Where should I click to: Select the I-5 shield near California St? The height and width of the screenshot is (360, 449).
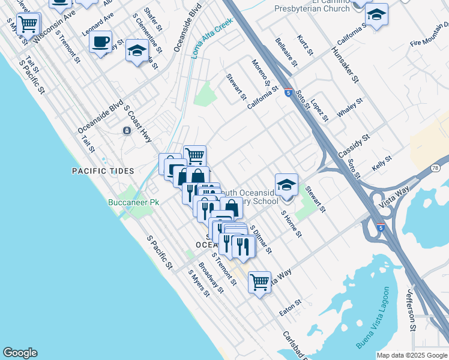point(289,93)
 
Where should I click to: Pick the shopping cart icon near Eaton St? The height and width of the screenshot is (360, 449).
point(259,281)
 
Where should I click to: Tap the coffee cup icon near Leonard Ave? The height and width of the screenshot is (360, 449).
point(100,42)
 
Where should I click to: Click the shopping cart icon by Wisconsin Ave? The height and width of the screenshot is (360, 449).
point(28,25)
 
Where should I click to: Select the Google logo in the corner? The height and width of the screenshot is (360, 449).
point(20,353)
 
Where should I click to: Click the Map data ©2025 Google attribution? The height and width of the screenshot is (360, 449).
point(411,355)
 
